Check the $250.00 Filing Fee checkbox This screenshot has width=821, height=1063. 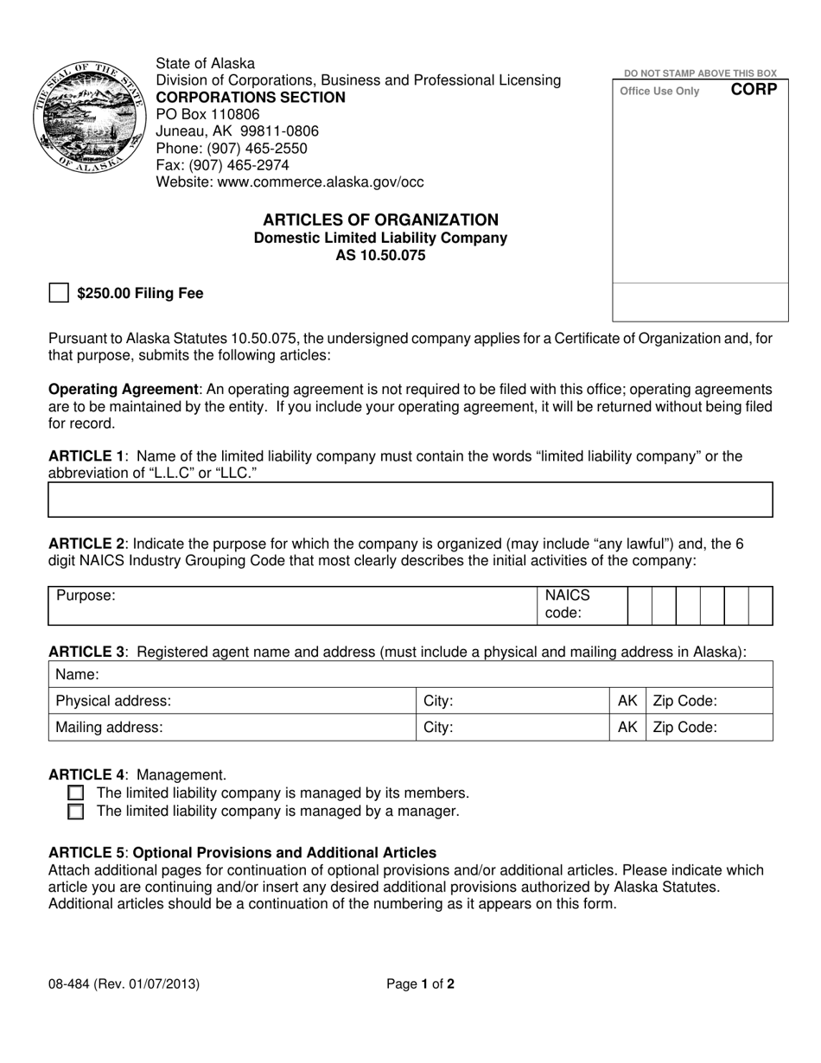click(58, 293)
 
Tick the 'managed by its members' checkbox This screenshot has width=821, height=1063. click(76, 793)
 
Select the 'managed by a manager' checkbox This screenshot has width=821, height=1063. click(76, 812)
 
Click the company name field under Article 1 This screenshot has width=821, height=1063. click(410, 500)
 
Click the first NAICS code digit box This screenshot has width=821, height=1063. click(640, 606)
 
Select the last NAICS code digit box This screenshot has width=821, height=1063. click(761, 606)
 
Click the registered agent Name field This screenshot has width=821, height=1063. click(410, 674)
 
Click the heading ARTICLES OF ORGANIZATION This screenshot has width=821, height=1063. click(380, 220)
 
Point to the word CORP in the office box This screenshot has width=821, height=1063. click(754, 90)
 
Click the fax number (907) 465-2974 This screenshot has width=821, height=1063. click(222, 165)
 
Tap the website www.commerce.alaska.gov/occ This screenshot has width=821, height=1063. click(290, 182)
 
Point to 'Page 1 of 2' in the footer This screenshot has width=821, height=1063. click(419, 983)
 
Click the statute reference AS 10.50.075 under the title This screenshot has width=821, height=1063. click(380, 256)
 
